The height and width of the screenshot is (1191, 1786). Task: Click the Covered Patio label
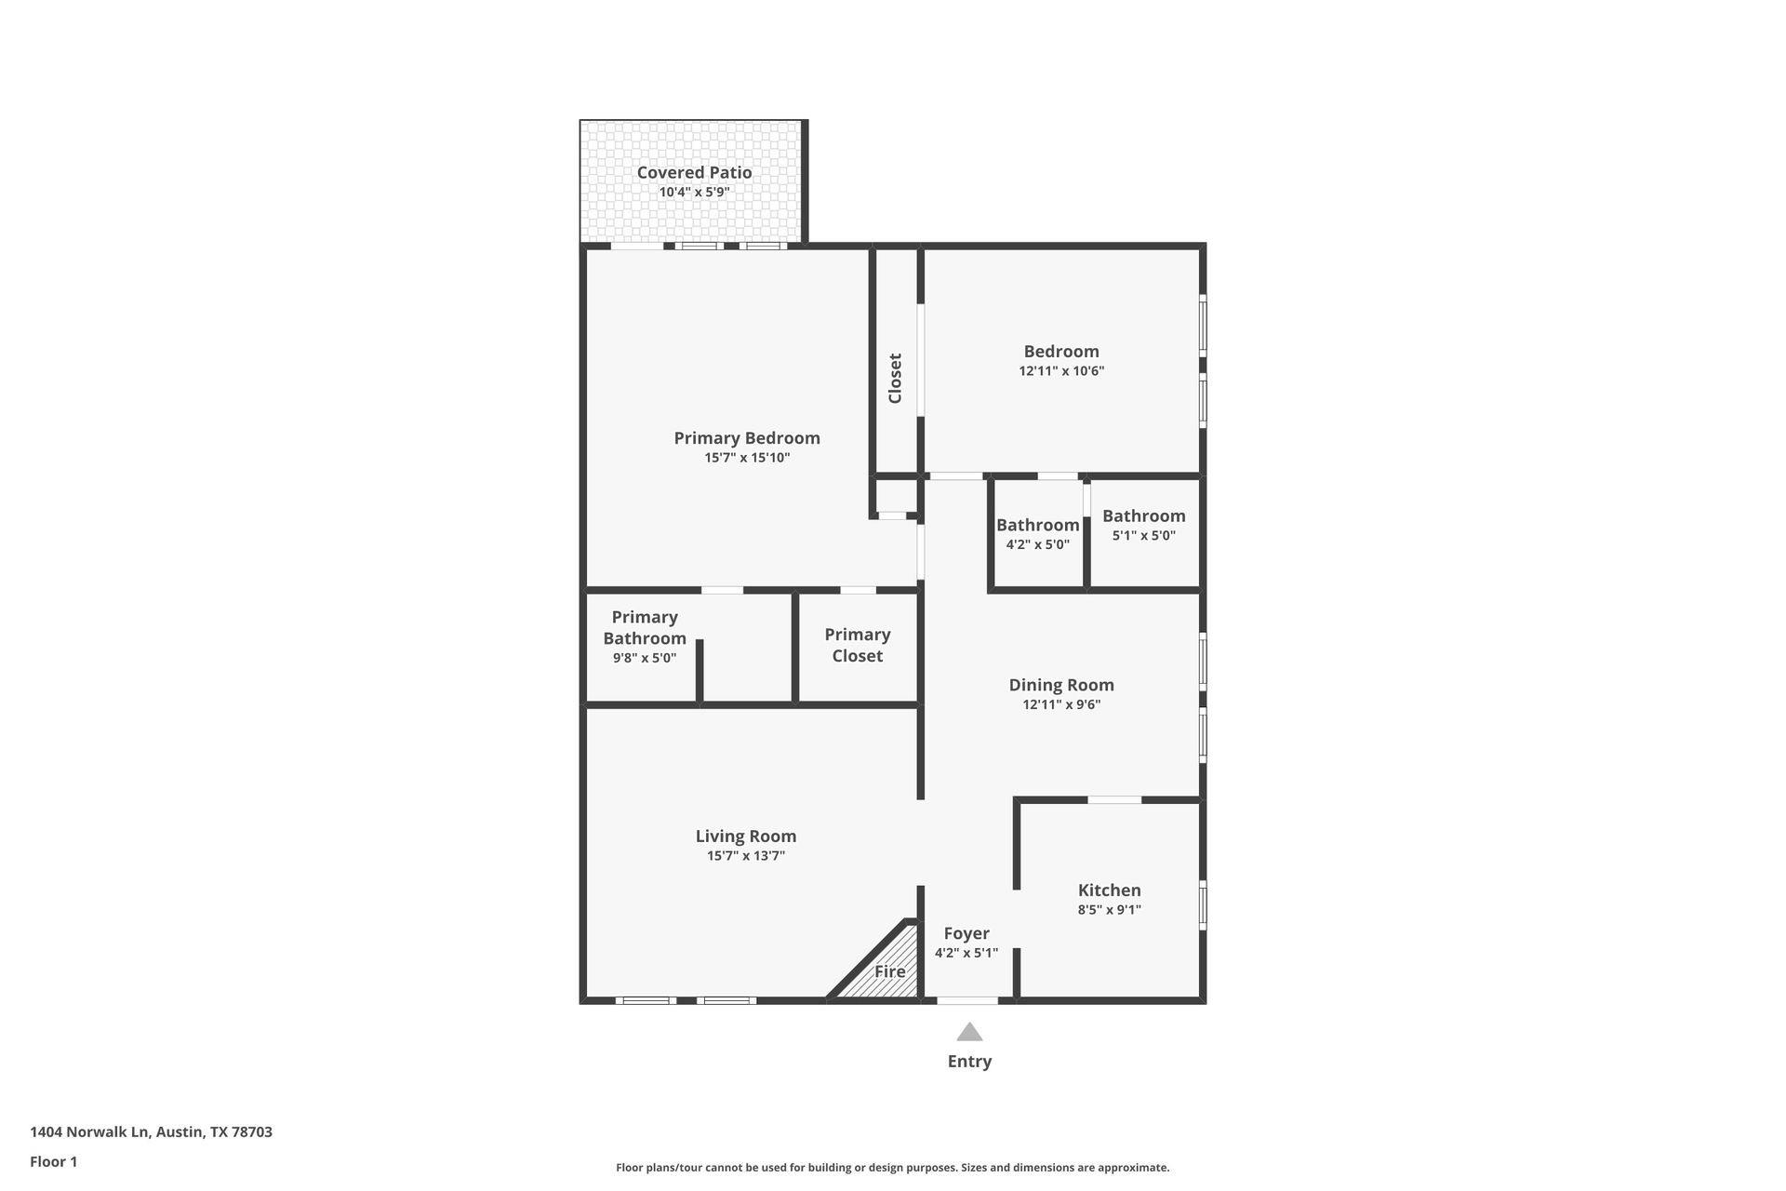(694, 172)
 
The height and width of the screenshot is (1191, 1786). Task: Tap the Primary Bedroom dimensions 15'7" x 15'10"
(746, 458)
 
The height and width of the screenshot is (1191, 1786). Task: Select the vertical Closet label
(895, 378)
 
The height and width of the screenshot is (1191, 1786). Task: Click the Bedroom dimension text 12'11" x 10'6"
(1061, 371)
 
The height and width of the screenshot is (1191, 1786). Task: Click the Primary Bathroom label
(644, 628)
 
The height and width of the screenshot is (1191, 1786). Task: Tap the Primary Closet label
(857, 645)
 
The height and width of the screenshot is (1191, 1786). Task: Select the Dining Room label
(1061, 685)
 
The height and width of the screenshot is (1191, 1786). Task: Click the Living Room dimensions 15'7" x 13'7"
(746, 856)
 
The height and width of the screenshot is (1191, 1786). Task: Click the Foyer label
(966, 933)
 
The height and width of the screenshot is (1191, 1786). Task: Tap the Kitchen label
(1109, 890)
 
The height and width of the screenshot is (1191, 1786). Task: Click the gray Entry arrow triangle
(969, 1033)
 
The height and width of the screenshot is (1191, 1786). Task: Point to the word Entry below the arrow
(969, 1062)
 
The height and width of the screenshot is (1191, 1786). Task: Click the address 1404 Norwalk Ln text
(151, 1132)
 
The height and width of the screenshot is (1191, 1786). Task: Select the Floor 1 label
(53, 1161)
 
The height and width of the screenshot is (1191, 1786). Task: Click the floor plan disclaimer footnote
(892, 1168)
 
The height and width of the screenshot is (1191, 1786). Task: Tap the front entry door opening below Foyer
(966, 1001)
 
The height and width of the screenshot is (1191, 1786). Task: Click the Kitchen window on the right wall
(1203, 904)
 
